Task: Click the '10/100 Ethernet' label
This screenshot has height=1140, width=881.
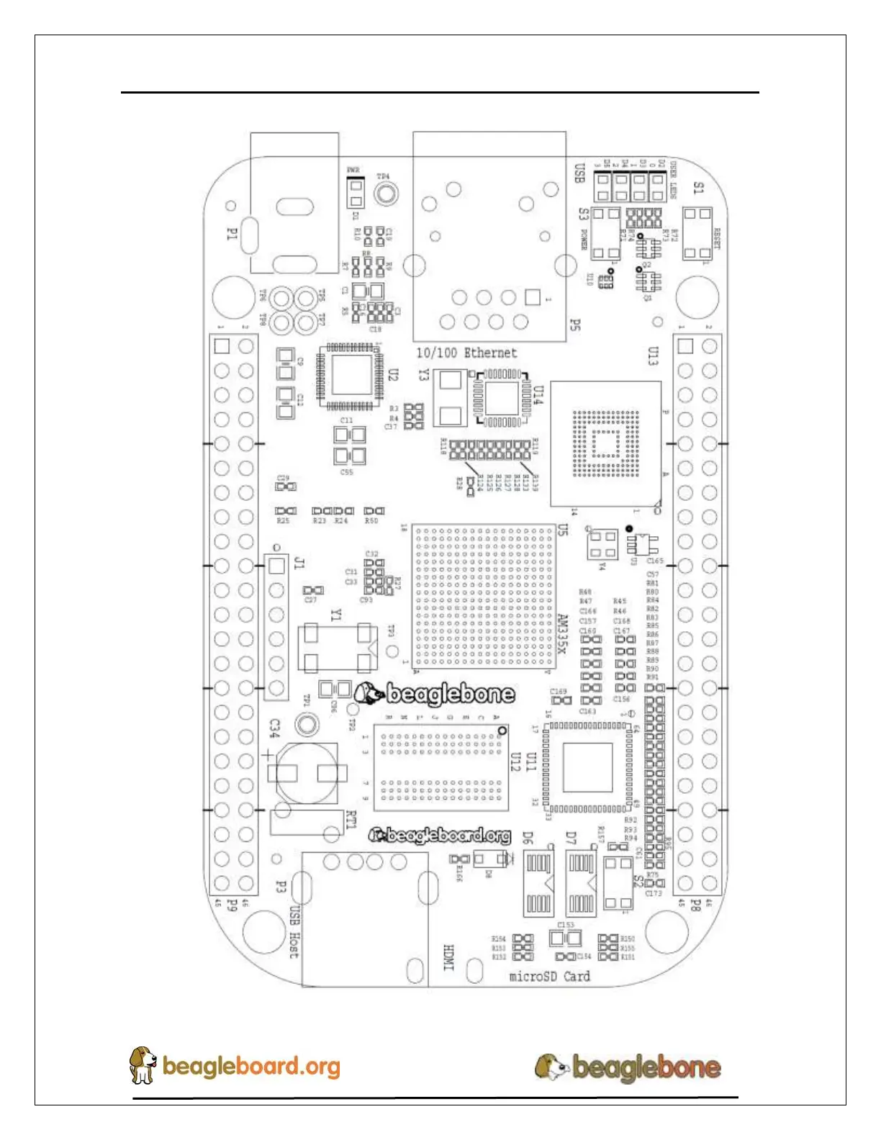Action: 466,353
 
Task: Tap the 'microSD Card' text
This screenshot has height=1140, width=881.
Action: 549,977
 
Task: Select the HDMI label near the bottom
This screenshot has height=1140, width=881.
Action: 448,957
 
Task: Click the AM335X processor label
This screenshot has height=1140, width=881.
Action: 564,633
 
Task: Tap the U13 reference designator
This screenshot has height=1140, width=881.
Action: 653,356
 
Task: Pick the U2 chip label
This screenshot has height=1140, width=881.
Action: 393,374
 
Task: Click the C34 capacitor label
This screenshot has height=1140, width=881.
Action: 274,728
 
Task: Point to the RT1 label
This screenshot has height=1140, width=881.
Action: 351,820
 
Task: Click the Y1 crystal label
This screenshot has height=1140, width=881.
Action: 336,615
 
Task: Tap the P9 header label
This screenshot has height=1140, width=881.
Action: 232,904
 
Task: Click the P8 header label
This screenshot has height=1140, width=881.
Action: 695,904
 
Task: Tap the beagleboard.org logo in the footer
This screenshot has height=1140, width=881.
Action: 235,1066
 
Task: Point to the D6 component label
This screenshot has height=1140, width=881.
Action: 528,838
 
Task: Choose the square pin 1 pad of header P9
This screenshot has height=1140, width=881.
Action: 222,346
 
